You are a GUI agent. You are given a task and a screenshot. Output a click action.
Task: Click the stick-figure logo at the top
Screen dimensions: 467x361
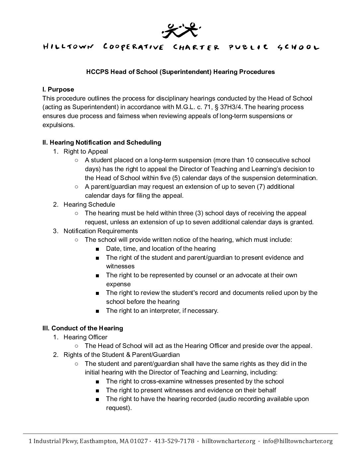click(x=180, y=30)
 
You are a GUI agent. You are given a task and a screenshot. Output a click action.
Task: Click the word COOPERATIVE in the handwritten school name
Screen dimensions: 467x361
click(x=133, y=47)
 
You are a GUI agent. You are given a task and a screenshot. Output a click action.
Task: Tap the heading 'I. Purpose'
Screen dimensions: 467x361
click(x=58, y=90)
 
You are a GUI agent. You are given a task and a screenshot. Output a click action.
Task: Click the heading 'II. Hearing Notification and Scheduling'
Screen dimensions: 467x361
click(x=102, y=143)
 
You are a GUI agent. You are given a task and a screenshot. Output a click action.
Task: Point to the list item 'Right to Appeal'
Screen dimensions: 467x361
click(x=86, y=152)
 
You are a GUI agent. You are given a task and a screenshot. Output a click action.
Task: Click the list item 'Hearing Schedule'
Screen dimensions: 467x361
click(x=89, y=204)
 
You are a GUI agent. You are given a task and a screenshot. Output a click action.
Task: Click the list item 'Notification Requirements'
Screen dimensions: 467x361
click(x=101, y=231)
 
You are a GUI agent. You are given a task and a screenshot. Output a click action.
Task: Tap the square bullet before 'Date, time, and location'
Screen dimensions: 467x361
click(x=97, y=249)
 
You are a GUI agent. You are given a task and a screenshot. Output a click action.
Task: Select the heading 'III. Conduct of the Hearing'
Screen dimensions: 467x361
click(x=83, y=328)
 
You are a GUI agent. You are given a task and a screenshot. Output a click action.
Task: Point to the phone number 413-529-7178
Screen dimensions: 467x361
click(x=174, y=441)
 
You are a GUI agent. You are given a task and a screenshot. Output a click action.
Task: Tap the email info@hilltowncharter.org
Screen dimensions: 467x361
click(x=297, y=441)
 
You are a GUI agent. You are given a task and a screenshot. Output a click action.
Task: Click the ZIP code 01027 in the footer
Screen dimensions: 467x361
click(x=139, y=441)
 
